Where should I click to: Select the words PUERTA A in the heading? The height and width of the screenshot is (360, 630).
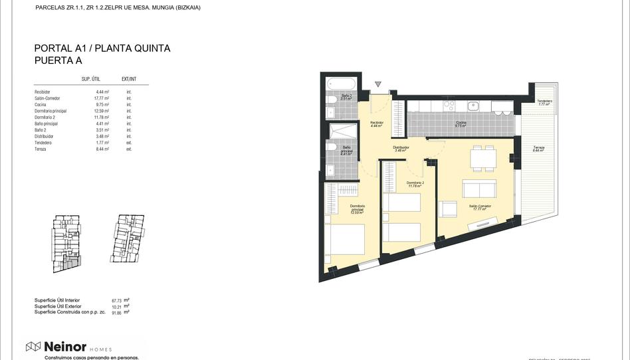click(x=58, y=60)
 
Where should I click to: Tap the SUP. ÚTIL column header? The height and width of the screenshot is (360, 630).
click(x=90, y=78)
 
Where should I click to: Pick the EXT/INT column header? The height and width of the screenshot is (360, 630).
click(x=129, y=78)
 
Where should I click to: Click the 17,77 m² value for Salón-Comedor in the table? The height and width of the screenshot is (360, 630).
click(x=101, y=98)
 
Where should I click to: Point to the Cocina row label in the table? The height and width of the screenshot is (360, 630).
click(x=41, y=105)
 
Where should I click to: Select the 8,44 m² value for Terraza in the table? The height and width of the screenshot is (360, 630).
click(x=102, y=149)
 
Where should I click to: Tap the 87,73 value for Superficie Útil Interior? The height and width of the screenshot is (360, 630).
click(x=117, y=300)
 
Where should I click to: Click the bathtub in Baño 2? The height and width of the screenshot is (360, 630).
click(x=342, y=84)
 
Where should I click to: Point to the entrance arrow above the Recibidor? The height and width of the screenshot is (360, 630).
click(x=377, y=84)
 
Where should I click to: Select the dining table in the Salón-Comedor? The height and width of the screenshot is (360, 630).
click(x=483, y=157)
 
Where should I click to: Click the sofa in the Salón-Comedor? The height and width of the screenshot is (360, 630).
click(x=479, y=187)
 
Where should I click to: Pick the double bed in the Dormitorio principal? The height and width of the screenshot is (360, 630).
click(x=344, y=240)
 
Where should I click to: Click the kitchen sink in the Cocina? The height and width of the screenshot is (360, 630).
click(x=474, y=105)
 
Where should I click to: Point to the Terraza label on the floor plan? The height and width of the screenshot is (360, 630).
click(x=538, y=147)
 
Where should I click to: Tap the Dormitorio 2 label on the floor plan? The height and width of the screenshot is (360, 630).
click(x=415, y=183)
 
